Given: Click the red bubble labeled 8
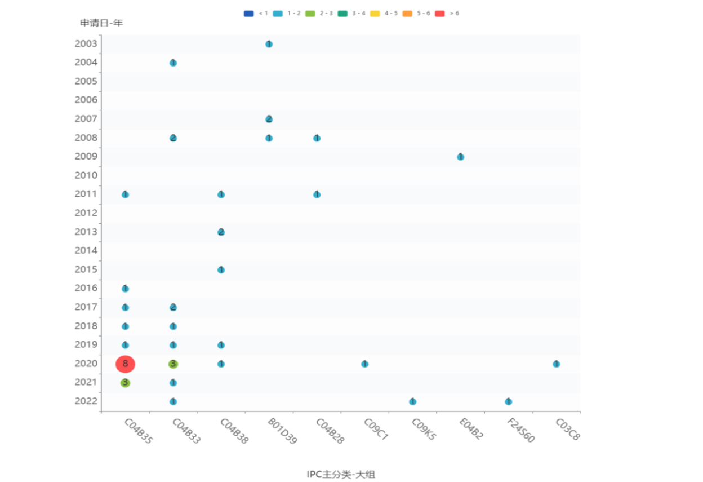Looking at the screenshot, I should click(x=125, y=364).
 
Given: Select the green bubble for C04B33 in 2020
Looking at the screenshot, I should click(x=173, y=364).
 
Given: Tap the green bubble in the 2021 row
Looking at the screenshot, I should click(x=125, y=383).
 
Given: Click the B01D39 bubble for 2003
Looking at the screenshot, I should click(x=269, y=44).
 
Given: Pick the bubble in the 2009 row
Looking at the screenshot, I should click(x=460, y=157).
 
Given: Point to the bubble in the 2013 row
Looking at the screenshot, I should click(x=221, y=232).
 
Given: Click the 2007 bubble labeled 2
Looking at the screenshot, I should click(x=269, y=119).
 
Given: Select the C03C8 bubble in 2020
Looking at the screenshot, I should click(x=556, y=364).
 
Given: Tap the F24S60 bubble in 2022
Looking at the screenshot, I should click(x=508, y=401).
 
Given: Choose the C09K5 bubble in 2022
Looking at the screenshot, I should click(x=412, y=401).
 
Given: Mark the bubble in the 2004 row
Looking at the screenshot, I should click(x=173, y=63).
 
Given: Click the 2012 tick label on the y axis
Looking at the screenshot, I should click(x=86, y=213).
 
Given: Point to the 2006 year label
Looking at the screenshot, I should click(x=86, y=100).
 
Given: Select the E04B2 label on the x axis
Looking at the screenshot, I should click(x=471, y=430).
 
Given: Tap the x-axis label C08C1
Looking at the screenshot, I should click(x=376, y=430).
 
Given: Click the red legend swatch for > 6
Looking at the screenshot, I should click(x=439, y=13).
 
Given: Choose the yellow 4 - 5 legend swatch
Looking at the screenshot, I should click(x=375, y=13).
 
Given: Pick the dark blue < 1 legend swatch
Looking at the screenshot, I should click(x=248, y=13).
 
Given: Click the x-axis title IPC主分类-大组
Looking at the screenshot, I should click(x=341, y=474).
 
